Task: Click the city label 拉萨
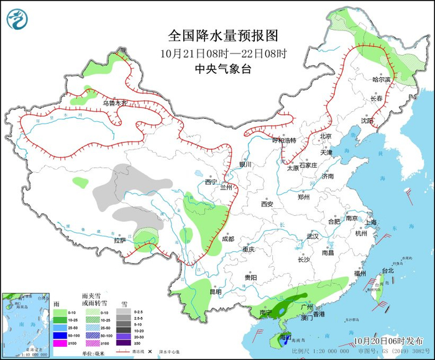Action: coord(119,240)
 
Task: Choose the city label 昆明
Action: coord(215,291)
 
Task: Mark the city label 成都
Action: coord(227,239)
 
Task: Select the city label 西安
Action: coord(267,204)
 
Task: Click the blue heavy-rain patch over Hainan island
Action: coord(285,339)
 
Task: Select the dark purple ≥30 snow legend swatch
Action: coord(126,343)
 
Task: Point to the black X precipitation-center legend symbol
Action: coord(150,352)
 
